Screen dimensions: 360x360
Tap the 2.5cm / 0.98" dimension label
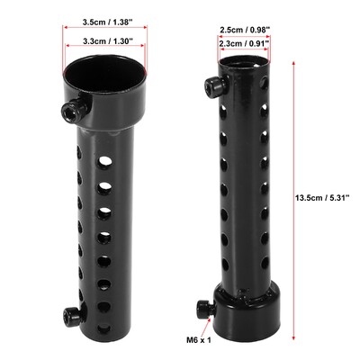tap(245, 30)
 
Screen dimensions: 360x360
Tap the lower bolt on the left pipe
tap(70, 316)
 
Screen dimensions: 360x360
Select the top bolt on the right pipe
tap(214, 86)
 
